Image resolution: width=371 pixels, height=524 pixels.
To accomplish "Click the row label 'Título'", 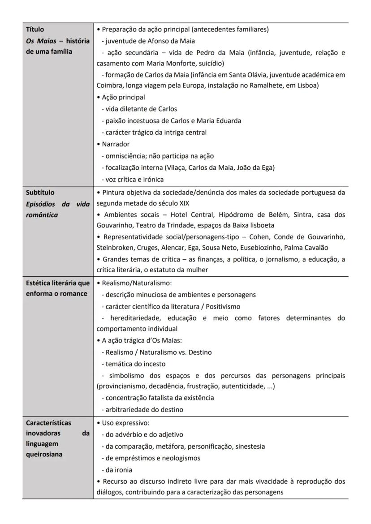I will [x=35, y=30].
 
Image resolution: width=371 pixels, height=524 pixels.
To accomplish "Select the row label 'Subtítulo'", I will [x=40, y=193].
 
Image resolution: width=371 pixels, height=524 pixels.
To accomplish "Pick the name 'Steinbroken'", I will [x=116, y=248].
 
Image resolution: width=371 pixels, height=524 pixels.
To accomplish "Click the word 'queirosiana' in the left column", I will [x=44, y=454].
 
